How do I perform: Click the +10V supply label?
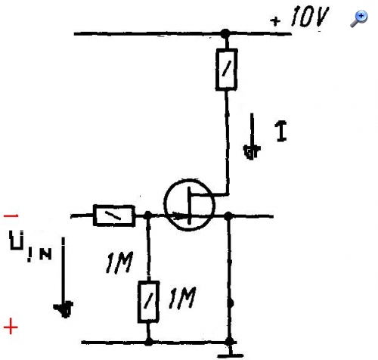299,17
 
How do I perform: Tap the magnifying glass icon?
359,19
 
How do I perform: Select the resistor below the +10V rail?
226,70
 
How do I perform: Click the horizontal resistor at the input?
114,216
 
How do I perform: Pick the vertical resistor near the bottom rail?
148,302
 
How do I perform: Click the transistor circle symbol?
190,205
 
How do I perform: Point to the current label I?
281,131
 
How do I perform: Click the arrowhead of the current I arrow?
252,152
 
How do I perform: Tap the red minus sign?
11,216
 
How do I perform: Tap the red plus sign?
11,327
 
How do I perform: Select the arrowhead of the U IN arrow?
64,309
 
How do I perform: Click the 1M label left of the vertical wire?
119,262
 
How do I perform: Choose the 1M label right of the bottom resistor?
182,298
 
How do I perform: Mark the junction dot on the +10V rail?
225,33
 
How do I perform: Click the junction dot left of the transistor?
147,216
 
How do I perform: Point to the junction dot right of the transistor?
228,216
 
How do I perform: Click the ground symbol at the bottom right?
230,352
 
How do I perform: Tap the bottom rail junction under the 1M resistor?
149,342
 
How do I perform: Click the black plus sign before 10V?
275,21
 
